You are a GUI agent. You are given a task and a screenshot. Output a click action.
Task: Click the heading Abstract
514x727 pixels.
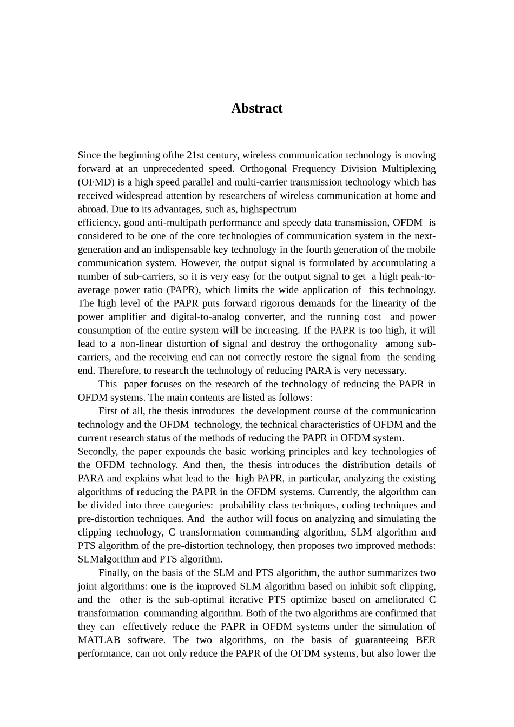(256, 108)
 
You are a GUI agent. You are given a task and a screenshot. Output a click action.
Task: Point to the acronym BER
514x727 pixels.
(426, 640)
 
